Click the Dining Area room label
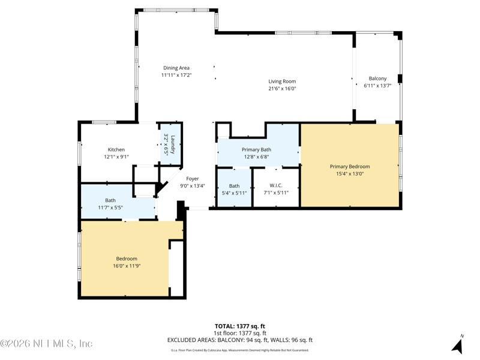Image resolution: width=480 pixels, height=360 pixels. click(x=176, y=68)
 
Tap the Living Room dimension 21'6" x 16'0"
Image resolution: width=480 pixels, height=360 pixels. click(x=282, y=88)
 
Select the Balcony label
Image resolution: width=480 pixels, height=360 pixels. click(x=377, y=79)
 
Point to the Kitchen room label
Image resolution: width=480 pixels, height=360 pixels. click(x=116, y=149)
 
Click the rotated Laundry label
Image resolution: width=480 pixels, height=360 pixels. click(x=173, y=144)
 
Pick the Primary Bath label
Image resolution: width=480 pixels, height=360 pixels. click(x=257, y=149)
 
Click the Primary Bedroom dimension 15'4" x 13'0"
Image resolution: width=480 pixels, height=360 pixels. click(x=350, y=173)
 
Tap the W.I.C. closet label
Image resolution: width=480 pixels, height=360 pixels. click(x=276, y=185)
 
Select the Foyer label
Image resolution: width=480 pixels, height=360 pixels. click(x=193, y=179)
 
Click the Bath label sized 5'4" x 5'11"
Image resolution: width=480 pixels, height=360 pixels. click(x=234, y=186)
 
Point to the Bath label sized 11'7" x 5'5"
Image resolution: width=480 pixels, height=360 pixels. click(x=110, y=200)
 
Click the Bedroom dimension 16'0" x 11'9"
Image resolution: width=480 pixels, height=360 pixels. click(x=127, y=266)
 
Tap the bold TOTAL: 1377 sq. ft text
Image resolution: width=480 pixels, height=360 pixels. click(x=239, y=326)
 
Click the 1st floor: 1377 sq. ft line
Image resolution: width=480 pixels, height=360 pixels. click(x=239, y=333)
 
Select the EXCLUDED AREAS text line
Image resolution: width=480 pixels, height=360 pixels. click(x=239, y=340)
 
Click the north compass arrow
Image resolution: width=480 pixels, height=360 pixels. click(x=458, y=345)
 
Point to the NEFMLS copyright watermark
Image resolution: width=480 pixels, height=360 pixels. click(x=46, y=343)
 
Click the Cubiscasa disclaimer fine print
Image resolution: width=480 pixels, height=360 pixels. click(x=239, y=350)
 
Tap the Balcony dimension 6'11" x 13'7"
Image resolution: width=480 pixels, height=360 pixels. click(x=377, y=86)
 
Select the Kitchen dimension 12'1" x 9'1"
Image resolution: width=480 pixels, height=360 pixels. click(x=116, y=157)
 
